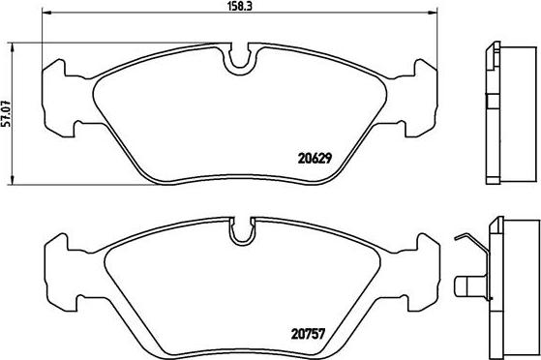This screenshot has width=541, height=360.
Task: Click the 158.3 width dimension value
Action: click(239, 6)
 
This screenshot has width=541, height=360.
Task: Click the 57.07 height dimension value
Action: click(7, 113)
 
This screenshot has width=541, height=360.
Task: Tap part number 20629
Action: click(315, 159)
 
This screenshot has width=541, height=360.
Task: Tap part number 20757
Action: click(308, 334)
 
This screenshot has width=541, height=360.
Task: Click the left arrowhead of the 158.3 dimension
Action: click(46, 13)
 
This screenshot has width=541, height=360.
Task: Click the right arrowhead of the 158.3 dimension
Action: click(433, 13)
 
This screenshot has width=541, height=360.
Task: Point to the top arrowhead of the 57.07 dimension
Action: click(13, 47)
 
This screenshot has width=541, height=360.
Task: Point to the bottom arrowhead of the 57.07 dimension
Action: click(13, 180)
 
